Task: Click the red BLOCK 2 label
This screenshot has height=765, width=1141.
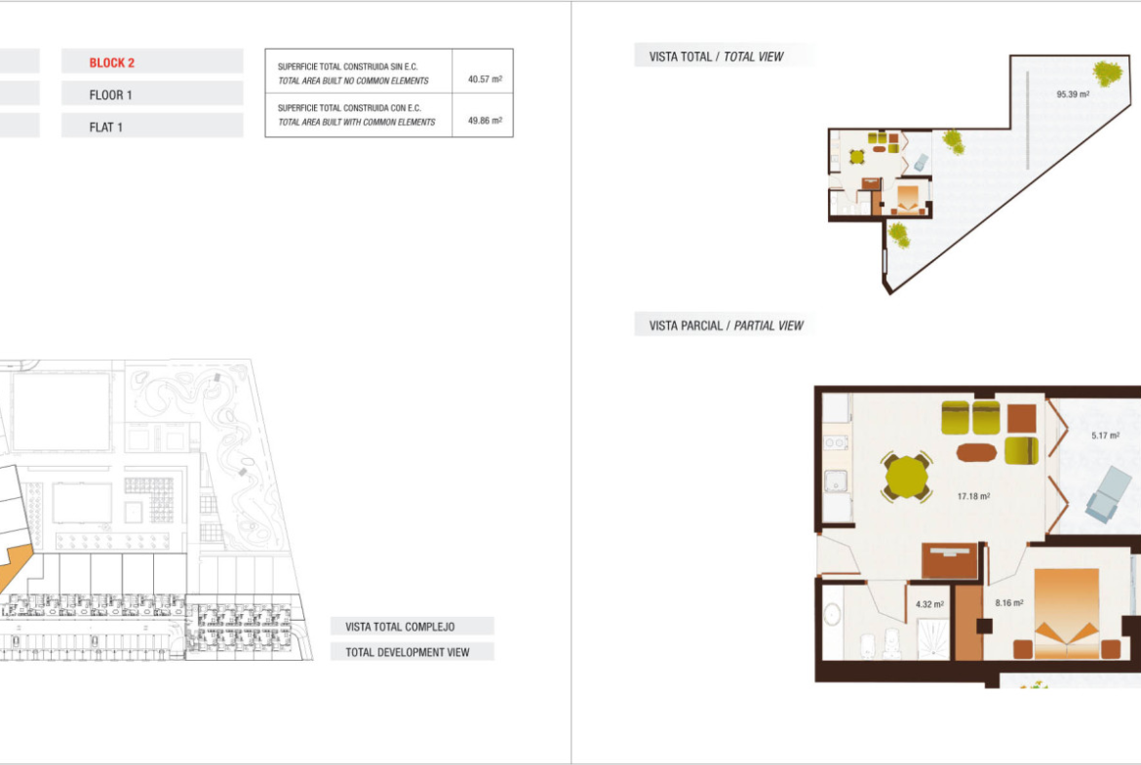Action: (x=111, y=62)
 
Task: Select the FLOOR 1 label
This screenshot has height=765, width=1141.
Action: (x=110, y=96)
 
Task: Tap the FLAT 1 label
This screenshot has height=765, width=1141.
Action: (x=105, y=128)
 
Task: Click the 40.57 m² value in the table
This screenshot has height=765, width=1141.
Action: (x=485, y=79)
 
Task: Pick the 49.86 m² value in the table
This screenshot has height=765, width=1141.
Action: (x=485, y=120)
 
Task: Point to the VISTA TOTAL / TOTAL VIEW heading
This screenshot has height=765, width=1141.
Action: (x=716, y=57)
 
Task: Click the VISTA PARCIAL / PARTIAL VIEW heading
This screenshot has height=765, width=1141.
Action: (x=727, y=325)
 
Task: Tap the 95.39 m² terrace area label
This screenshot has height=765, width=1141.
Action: (x=1073, y=95)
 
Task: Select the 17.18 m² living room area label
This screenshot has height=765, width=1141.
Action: (x=973, y=496)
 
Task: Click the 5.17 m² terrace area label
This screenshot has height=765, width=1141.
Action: (x=1105, y=436)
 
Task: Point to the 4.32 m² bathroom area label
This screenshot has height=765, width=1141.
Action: (x=929, y=604)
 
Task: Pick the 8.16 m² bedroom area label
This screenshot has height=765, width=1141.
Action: (x=1009, y=603)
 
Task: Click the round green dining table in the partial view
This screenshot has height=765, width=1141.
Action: (x=906, y=478)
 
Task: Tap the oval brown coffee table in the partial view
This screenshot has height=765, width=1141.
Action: (x=976, y=452)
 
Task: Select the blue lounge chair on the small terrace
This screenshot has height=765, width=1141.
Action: (x=1109, y=494)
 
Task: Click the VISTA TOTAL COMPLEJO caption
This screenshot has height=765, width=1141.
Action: (x=400, y=627)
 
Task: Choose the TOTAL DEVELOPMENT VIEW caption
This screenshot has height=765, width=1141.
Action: (x=408, y=652)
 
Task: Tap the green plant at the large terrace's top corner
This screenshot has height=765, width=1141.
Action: (x=1108, y=73)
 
